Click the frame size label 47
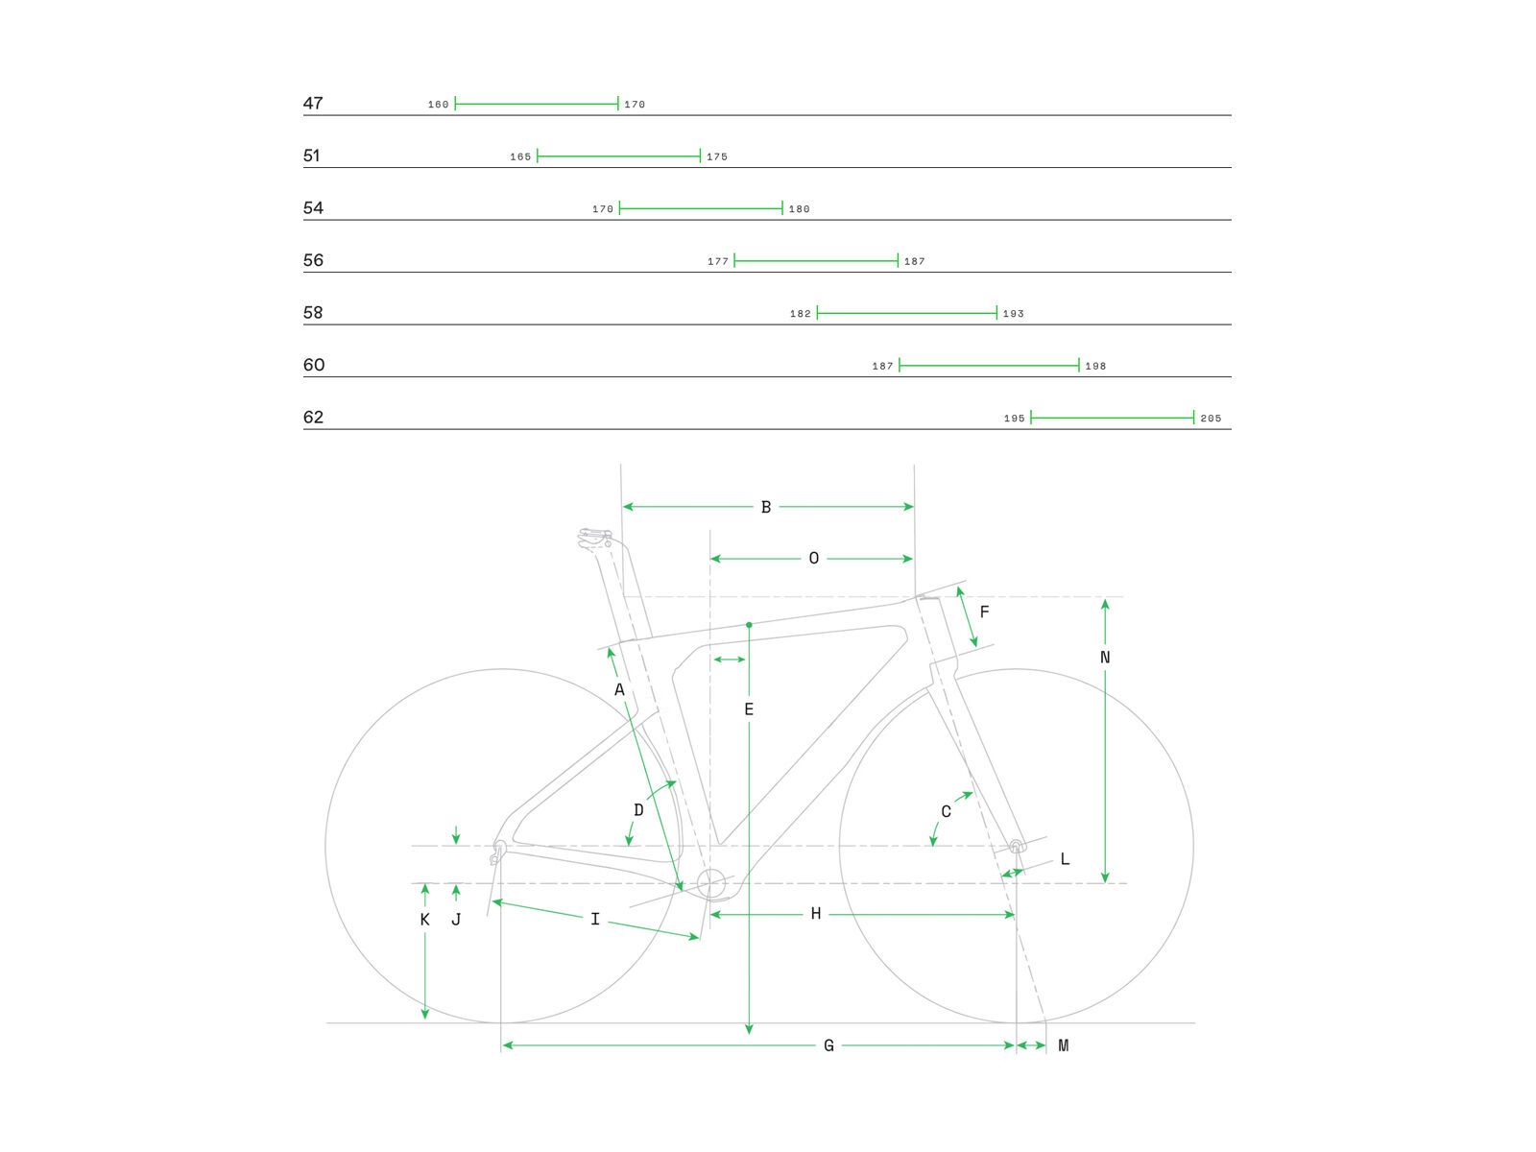click(313, 103)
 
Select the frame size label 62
click(313, 417)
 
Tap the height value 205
click(1211, 419)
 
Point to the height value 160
click(439, 105)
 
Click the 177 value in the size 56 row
click(718, 261)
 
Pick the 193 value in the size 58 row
click(1014, 314)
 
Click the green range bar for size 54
click(701, 208)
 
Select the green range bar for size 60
click(989, 365)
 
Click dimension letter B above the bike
click(766, 507)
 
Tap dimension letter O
click(814, 559)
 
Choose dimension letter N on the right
click(1105, 658)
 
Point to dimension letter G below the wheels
click(829, 1045)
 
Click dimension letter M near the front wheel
click(1064, 1045)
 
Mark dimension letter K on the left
click(425, 920)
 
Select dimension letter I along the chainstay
click(595, 920)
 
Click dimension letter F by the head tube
click(984, 612)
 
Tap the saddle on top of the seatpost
click(594, 536)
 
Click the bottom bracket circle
click(712, 883)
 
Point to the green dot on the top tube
click(749, 625)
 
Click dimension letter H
click(816, 914)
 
